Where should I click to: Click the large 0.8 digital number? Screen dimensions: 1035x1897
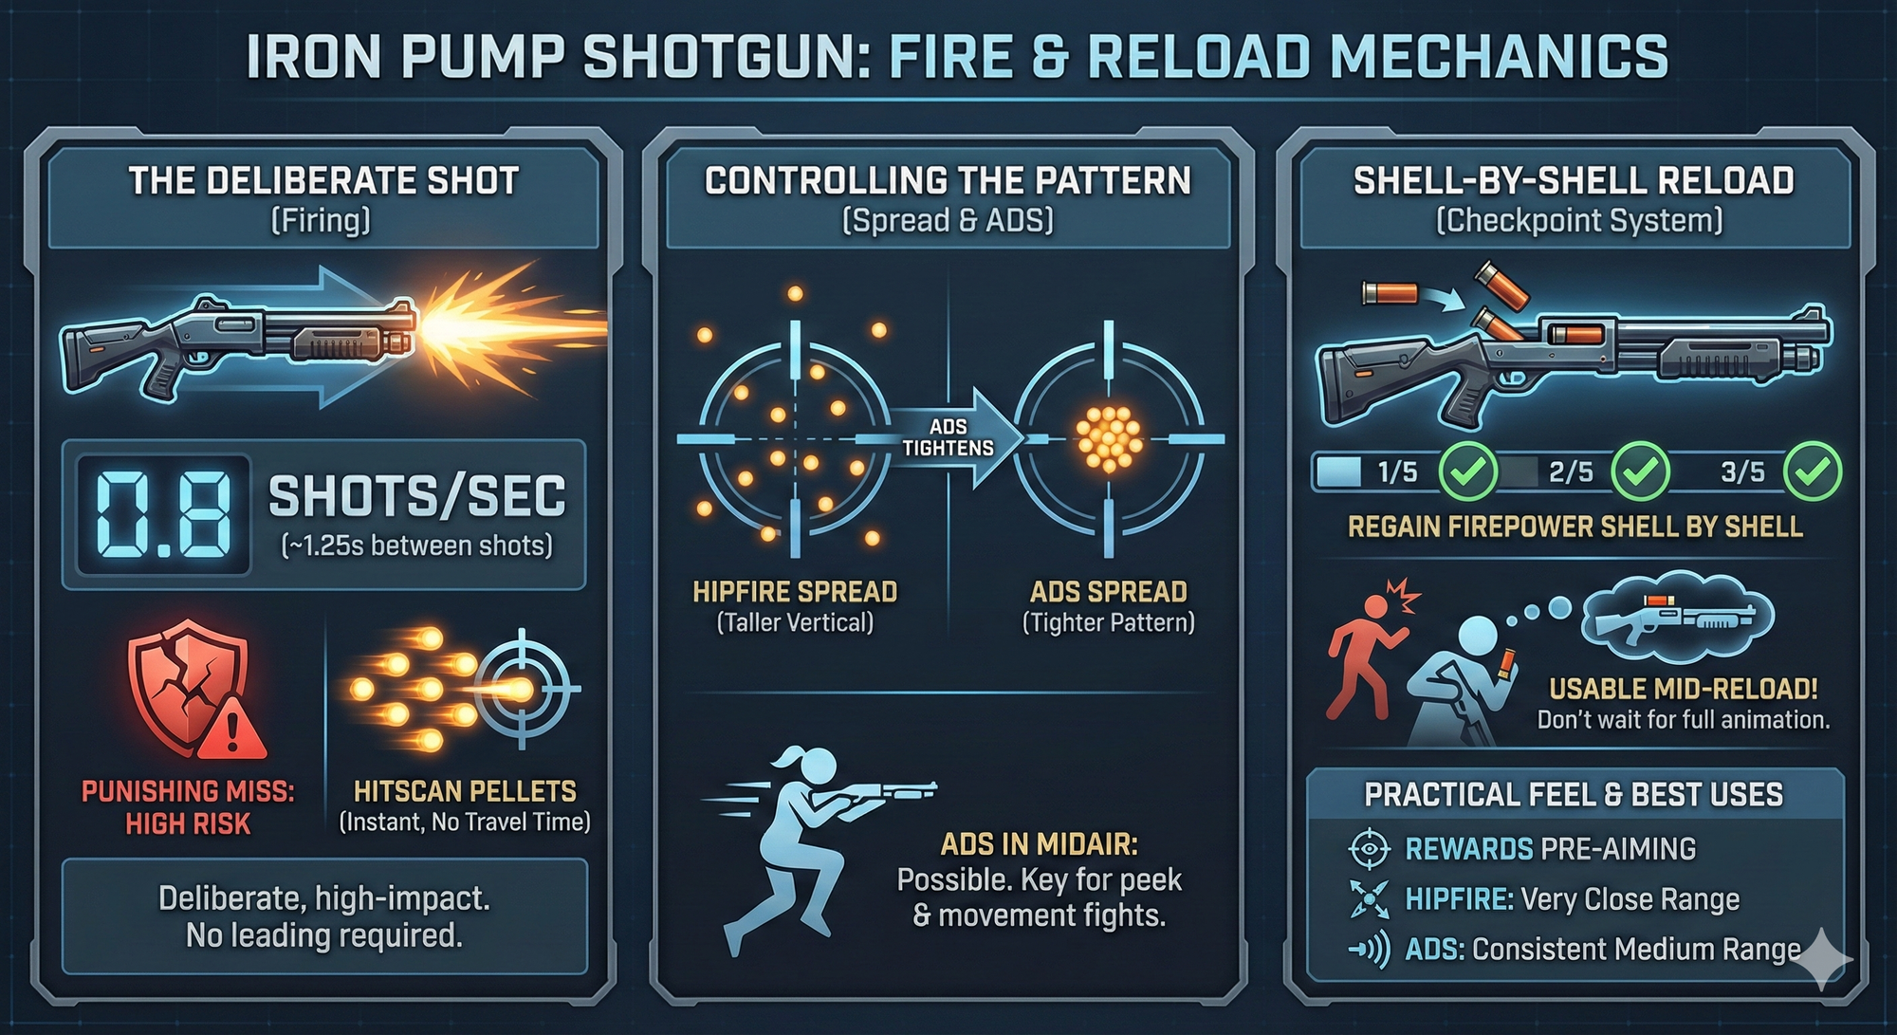pos(164,515)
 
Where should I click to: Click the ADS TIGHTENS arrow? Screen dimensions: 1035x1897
pos(953,438)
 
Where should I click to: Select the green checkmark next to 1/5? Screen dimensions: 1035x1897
pos(1467,471)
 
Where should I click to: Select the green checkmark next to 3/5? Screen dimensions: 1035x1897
pos(1812,471)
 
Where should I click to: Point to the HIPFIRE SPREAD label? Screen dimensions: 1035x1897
pos(795,592)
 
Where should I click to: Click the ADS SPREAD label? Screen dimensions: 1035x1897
pos(1108,592)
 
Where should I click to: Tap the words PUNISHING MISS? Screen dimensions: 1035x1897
pos(188,791)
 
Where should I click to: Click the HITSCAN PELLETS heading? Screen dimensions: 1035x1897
pos(465,791)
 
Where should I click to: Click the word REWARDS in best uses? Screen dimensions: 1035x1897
pos(1468,849)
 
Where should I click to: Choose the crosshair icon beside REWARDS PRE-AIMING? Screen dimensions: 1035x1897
pos(1369,849)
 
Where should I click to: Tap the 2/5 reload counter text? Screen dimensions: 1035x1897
pos(1571,471)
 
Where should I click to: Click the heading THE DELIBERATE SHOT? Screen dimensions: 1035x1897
pos(323,180)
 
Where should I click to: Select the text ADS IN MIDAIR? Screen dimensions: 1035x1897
pos(1039,843)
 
